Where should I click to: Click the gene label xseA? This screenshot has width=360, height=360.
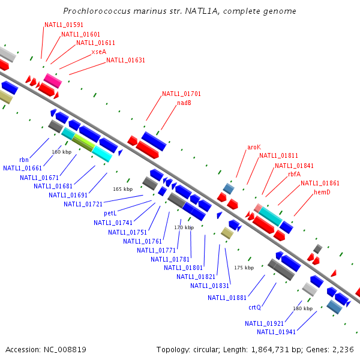tap(98, 52)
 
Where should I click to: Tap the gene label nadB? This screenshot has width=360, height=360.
tap(184, 103)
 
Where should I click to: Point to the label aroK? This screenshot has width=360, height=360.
tap(254, 147)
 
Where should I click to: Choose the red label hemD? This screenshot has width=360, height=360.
tap(322, 192)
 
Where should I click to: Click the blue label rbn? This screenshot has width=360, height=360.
tap(24, 160)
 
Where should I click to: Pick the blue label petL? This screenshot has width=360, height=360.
tap(110, 213)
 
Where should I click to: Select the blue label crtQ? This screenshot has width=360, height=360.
tap(254, 307)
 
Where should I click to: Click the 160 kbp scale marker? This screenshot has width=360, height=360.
tap(62, 152)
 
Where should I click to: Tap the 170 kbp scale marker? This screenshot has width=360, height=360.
tap(184, 228)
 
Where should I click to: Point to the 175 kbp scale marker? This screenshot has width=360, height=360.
tap(244, 268)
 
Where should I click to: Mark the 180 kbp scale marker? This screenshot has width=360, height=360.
tap(302, 308)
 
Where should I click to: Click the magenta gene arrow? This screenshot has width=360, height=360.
tap(53, 80)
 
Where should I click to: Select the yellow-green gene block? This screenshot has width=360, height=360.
tap(83, 142)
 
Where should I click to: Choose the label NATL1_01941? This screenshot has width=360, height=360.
tap(277, 332)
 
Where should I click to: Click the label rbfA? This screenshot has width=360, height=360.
tap(294, 174)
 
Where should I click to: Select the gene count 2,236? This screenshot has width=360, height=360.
tap(343, 349)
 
